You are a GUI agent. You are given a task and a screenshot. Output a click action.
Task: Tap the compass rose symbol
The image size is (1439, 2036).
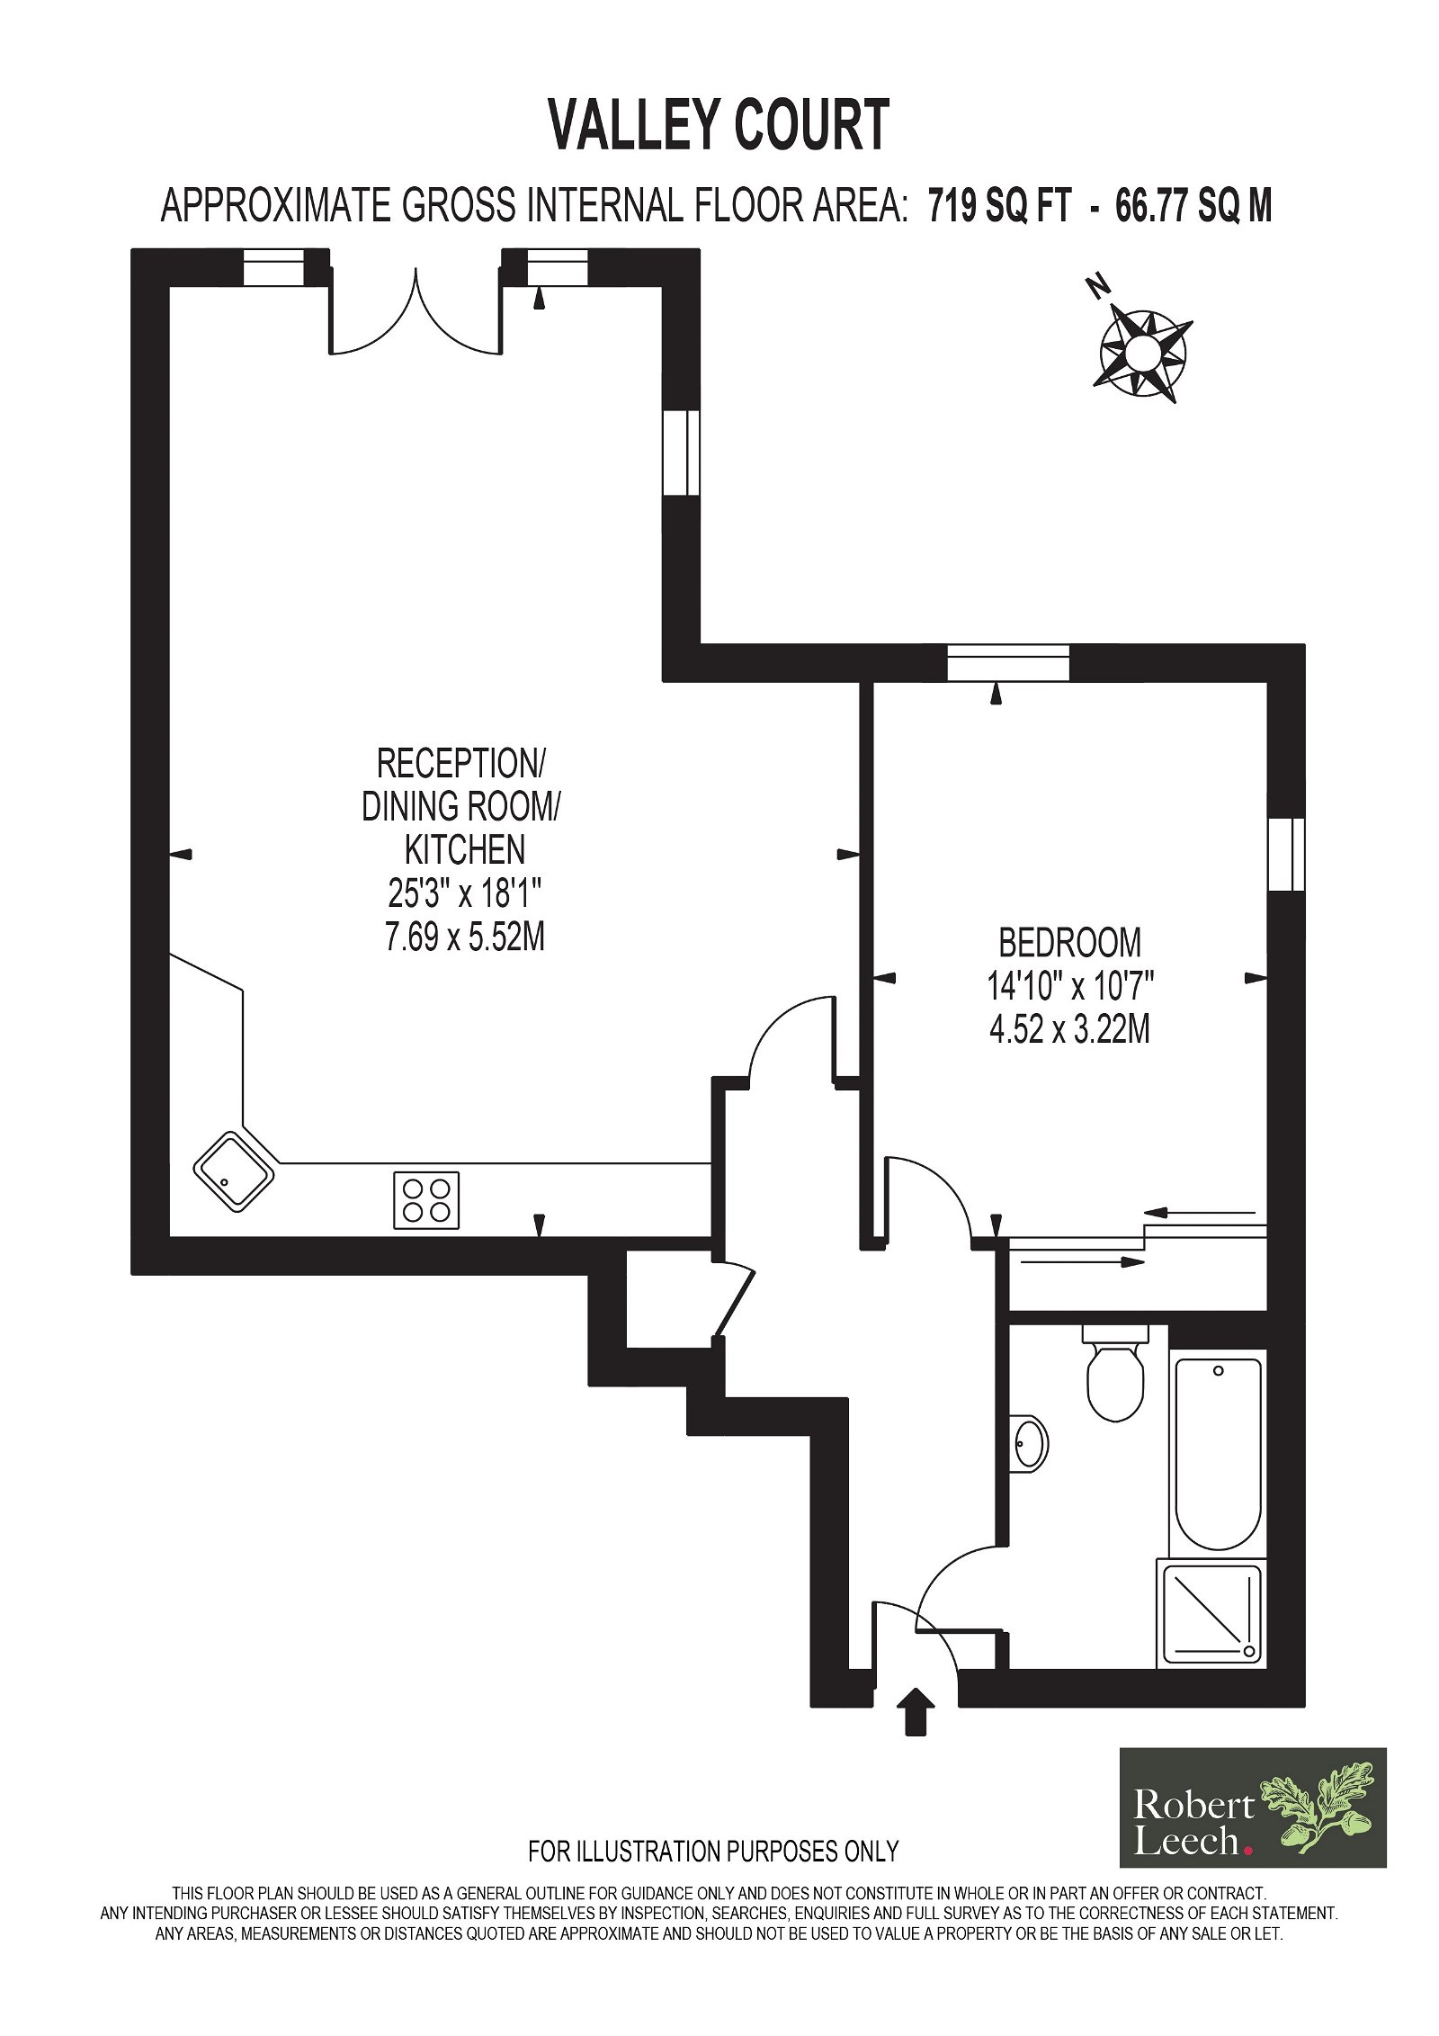click(1142, 353)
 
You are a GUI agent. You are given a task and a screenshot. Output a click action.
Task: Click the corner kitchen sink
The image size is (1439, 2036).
click(234, 1171)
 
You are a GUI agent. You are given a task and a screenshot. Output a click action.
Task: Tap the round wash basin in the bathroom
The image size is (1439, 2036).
click(1030, 1445)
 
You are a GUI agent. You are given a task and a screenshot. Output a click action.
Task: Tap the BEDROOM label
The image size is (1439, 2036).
click(1069, 943)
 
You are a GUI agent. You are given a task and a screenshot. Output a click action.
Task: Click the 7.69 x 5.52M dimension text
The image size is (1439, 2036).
click(464, 938)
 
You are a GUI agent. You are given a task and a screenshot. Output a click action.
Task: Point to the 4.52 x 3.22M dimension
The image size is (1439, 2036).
click(1069, 1029)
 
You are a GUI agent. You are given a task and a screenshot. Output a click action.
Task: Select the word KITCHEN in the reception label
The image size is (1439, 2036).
click(464, 850)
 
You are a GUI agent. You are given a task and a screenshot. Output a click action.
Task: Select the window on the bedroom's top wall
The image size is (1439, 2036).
click(1008, 663)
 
